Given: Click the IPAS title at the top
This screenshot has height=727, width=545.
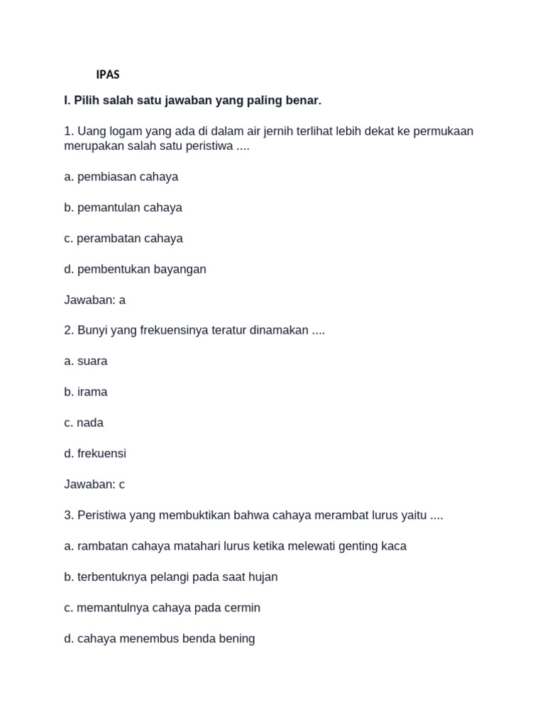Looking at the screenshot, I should [x=108, y=75].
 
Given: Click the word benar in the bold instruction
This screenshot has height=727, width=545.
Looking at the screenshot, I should [x=304, y=101].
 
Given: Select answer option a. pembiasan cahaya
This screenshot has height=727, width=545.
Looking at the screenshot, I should [x=121, y=177].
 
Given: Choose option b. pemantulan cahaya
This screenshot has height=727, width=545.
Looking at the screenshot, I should [x=123, y=207].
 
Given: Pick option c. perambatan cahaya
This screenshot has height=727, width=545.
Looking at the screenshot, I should [x=123, y=239].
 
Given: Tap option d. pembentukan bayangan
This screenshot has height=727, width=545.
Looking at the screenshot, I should [x=135, y=269].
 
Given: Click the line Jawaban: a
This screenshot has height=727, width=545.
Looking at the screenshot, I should [x=94, y=300].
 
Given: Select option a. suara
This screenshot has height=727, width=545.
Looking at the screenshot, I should [x=86, y=361].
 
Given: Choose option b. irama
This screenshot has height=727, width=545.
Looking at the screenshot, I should [x=86, y=392].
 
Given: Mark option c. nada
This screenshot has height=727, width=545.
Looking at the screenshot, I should [x=84, y=423].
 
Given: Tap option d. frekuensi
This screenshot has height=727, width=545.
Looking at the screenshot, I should [x=95, y=454].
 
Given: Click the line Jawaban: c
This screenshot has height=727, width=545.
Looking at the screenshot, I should [x=94, y=484].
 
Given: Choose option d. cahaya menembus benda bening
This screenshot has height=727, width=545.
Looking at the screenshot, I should [x=159, y=638].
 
